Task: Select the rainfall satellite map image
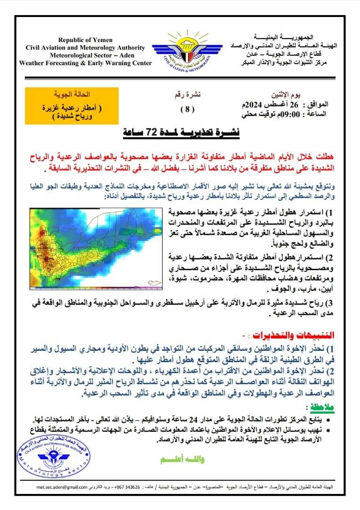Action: click(96, 247)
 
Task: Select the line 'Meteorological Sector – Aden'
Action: click(89, 55)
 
